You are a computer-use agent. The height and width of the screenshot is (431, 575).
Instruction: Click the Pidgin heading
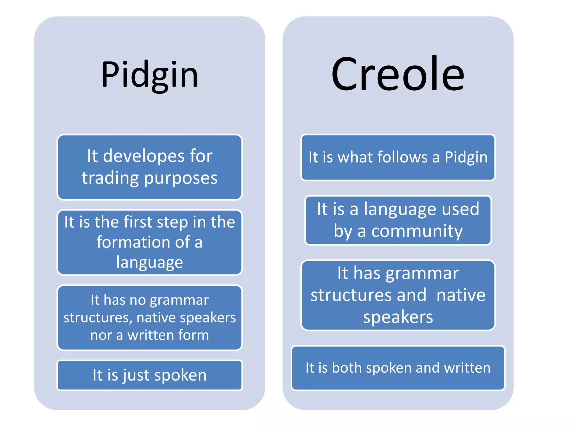point(150,75)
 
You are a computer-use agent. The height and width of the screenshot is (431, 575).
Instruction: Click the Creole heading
point(398,74)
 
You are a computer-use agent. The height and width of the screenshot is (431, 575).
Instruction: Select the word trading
point(110,178)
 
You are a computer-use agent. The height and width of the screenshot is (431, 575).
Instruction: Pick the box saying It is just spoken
point(150,375)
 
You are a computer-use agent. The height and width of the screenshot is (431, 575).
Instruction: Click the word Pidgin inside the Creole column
point(466,157)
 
